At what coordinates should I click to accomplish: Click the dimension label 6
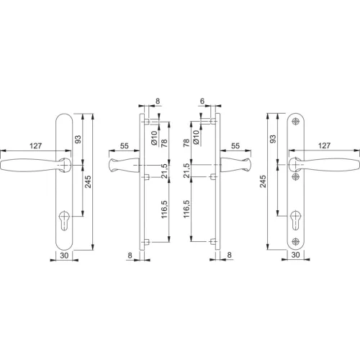coord(202,102)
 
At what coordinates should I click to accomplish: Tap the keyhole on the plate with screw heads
coord(296,220)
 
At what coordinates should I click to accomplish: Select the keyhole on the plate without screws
coord(63,220)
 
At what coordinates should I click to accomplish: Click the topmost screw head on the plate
coord(296,122)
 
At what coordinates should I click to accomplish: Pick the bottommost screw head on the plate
coord(296,241)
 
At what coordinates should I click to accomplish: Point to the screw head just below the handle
coord(296,177)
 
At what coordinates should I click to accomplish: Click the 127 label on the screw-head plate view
coord(324,145)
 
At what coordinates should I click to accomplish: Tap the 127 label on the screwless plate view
coord(35,145)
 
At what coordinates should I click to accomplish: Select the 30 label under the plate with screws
coord(295,255)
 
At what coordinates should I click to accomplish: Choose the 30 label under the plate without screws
coord(64,256)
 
